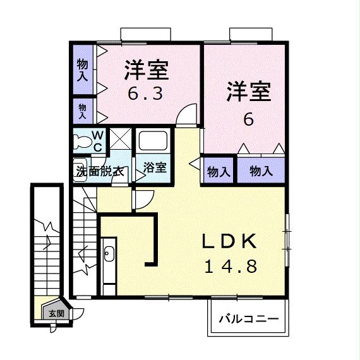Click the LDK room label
point(229,242)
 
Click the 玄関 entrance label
point(56,313)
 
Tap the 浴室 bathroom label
point(154,168)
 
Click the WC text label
point(98,140)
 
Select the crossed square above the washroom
point(120,139)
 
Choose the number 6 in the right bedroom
point(248,118)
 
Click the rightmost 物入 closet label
point(260,171)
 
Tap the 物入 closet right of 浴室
point(219,171)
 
